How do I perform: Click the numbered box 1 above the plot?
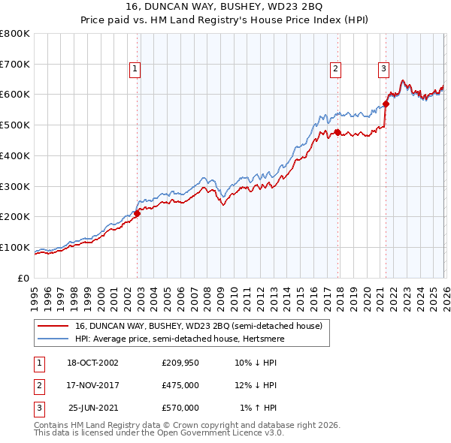[x=135, y=69]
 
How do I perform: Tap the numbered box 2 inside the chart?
[x=335, y=69]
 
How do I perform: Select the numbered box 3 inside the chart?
[x=383, y=69]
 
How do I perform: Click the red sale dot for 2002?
[x=138, y=213]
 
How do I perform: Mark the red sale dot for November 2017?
[x=337, y=132]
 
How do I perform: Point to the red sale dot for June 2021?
[x=386, y=104]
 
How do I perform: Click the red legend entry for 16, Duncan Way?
[x=198, y=326]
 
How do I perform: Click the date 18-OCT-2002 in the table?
[x=92, y=363]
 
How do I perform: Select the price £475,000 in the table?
[x=180, y=385]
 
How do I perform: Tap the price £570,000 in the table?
[x=180, y=408]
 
